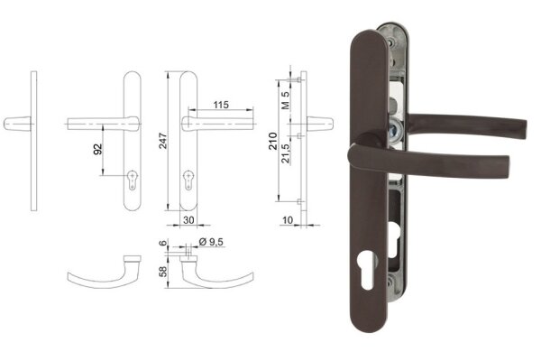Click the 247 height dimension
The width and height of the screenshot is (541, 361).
(x=163, y=141)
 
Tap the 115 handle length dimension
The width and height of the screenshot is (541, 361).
(x=221, y=105)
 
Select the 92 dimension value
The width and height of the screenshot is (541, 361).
(x=98, y=149)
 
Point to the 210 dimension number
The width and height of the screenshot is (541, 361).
(x=273, y=141)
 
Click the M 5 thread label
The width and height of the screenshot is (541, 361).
(x=285, y=100)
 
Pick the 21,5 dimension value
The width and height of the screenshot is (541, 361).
(x=285, y=153)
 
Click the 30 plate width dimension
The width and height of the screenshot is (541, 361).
(x=188, y=220)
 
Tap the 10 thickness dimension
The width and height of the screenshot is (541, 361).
(x=288, y=219)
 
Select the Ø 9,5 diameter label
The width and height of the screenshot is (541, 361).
(x=211, y=242)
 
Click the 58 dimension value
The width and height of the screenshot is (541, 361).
(x=163, y=271)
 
